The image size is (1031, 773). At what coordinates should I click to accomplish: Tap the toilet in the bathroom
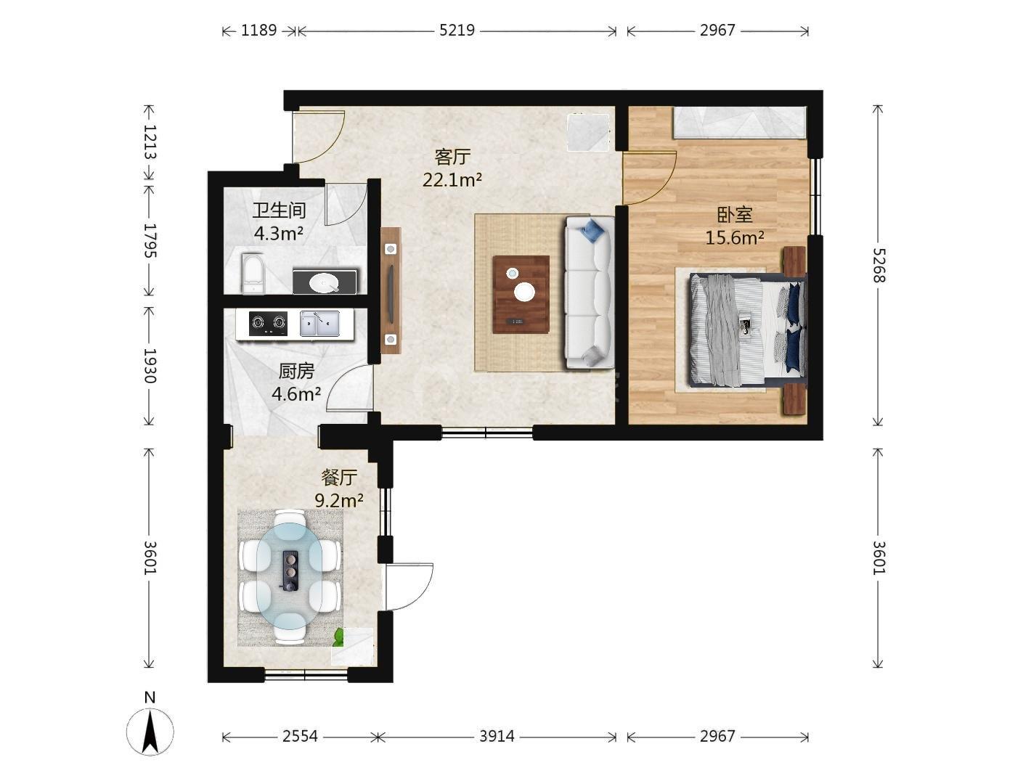click(253, 274)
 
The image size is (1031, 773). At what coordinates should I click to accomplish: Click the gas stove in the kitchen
click(268, 324)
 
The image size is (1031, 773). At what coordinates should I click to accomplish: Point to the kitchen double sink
click(319, 324)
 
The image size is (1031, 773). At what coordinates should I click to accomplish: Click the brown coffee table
click(521, 294)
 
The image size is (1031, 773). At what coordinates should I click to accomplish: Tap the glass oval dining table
click(290, 576)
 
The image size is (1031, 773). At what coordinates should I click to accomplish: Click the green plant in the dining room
click(338, 637)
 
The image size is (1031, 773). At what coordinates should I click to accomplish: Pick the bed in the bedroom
click(748, 331)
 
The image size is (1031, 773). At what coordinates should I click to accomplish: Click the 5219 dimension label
click(457, 30)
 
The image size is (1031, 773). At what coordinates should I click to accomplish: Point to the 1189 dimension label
click(258, 30)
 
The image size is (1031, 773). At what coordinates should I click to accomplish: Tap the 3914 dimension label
click(497, 736)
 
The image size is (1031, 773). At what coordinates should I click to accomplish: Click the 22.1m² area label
click(452, 180)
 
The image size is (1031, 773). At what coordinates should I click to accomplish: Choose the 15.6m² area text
click(735, 238)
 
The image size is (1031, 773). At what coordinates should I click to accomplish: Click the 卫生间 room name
click(279, 210)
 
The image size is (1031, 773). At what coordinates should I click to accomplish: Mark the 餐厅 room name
click(339, 478)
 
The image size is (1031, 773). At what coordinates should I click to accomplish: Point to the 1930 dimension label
click(150, 365)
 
